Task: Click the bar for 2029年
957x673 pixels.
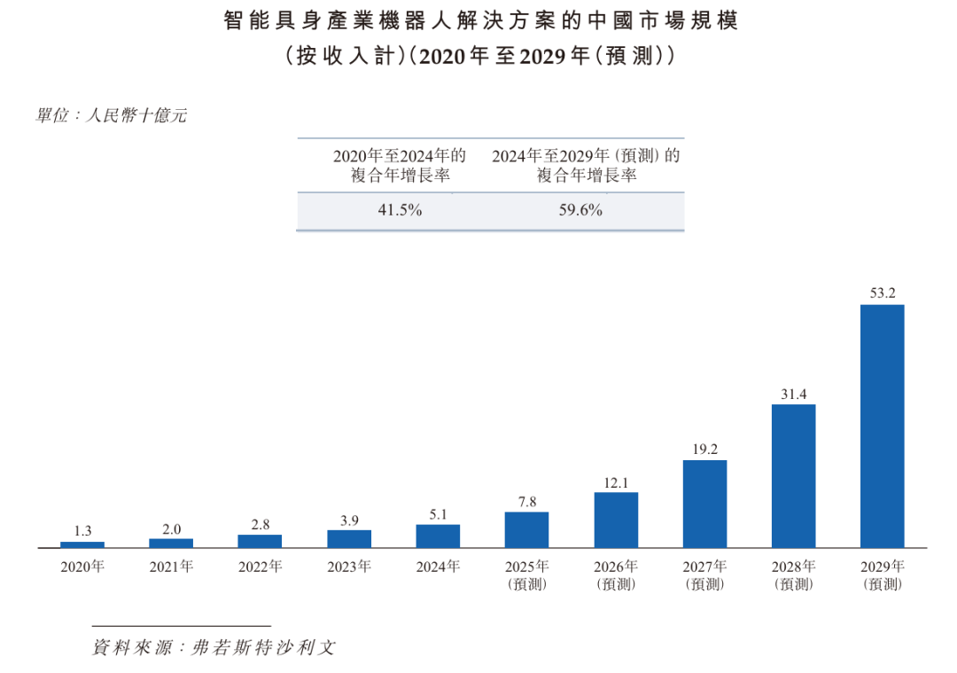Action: pyautogui.click(x=882, y=426)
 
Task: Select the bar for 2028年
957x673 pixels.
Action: pyautogui.click(x=793, y=475)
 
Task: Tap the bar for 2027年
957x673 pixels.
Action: pyautogui.click(x=704, y=503)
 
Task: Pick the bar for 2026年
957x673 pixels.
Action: pyautogui.click(x=616, y=520)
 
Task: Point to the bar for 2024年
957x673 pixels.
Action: pyautogui.click(x=438, y=536)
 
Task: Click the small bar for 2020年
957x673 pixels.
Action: pyautogui.click(x=82, y=544)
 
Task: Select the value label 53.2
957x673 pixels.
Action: pyautogui.click(x=883, y=292)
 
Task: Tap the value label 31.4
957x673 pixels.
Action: pyautogui.click(x=793, y=392)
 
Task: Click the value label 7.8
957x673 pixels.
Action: pyautogui.click(x=526, y=501)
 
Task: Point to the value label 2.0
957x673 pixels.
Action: pyautogui.click(x=171, y=528)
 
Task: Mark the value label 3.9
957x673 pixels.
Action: pyautogui.click(x=349, y=520)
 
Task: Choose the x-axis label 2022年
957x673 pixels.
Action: pyautogui.click(x=260, y=567)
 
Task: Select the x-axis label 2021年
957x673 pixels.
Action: pyautogui.click(x=171, y=567)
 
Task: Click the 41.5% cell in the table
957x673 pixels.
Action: pyautogui.click(x=400, y=211)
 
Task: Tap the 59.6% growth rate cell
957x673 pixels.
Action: pyautogui.click(x=582, y=211)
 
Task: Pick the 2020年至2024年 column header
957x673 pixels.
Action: pyautogui.click(x=400, y=166)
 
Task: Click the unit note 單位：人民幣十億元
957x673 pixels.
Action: pyautogui.click(x=111, y=115)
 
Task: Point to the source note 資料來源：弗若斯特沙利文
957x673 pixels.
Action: pyautogui.click(x=214, y=648)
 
